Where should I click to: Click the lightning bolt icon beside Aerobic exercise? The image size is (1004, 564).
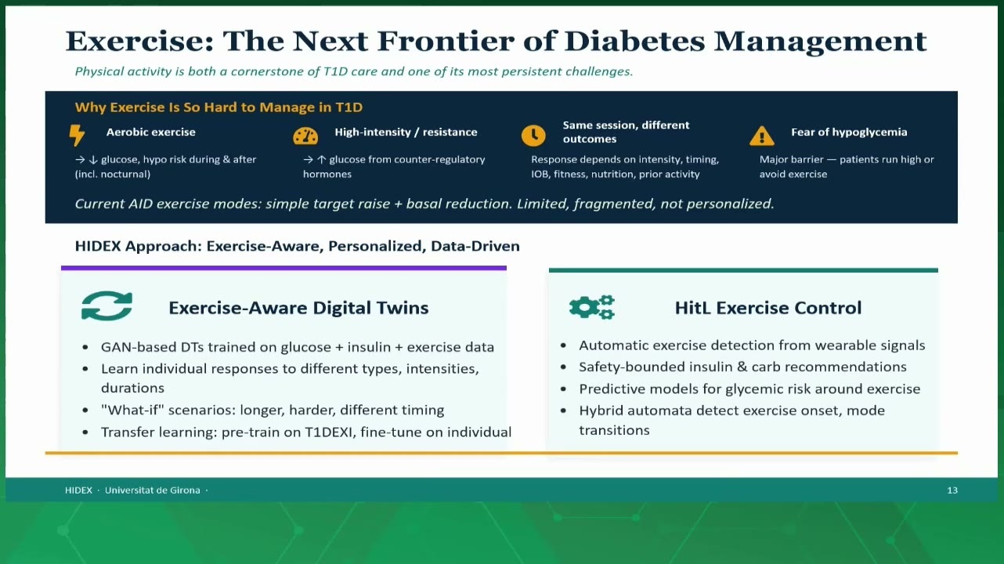(77, 135)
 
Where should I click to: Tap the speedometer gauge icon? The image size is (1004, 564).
(305, 136)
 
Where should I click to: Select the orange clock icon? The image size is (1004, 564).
(533, 136)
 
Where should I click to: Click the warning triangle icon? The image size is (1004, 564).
(761, 136)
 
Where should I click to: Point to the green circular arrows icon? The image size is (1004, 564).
(107, 305)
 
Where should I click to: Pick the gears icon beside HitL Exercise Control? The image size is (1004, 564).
(591, 307)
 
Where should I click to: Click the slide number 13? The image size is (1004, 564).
(952, 490)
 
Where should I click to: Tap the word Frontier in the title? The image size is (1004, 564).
(446, 42)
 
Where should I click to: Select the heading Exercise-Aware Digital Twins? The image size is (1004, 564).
(298, 308)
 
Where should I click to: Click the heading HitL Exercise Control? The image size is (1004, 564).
(768, 308)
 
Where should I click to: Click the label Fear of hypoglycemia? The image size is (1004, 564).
(849, 132)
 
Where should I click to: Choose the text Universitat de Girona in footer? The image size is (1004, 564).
(153, 490)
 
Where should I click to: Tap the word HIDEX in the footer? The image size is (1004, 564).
(78, 490)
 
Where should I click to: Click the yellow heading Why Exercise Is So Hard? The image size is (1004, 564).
(218, 107)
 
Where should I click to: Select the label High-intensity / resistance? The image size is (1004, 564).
(406, 132)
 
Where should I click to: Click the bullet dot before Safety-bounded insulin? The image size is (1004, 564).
(563, 367)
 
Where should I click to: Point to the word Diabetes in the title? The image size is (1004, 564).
(634, 42)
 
